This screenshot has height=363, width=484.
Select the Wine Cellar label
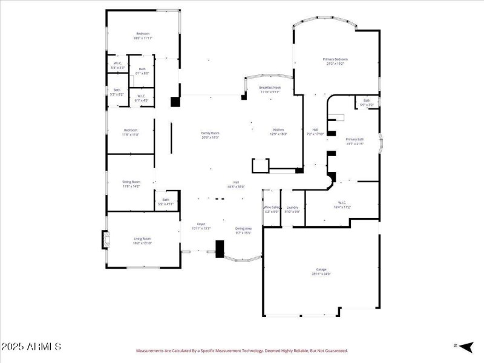pos(272,209)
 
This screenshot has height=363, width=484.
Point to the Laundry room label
pos(293,209)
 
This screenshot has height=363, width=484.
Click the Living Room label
pos(143,241)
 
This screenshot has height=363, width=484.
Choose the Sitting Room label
pos(131,184)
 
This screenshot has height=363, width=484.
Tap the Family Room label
pos(210,135)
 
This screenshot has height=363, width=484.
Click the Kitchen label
pos(278,132)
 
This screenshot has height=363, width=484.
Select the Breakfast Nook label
pos(270,90)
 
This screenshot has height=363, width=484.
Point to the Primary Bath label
pos(355,142)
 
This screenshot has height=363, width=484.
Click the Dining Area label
pos(243,231)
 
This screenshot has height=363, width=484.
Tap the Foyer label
pos(201,226)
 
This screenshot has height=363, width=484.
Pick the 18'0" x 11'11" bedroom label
pos(143,36)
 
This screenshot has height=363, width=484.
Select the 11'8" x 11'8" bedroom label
pos(131,132)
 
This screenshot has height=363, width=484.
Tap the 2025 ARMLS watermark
pos(31,347)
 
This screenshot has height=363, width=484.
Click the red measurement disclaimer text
pos(241,350)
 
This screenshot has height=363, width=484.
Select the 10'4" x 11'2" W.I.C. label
pos(342,204)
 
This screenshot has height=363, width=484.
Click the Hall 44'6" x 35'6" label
pos(237,185)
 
